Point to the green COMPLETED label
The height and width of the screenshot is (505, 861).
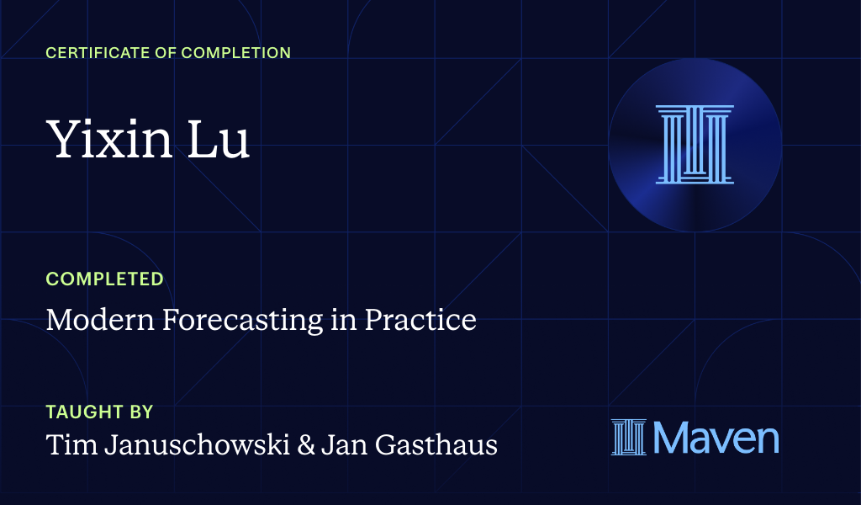(x=104, y=279)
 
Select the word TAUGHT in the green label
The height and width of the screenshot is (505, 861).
(x=81, y=412)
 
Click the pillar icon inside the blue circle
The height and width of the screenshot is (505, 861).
(x=695, y=144)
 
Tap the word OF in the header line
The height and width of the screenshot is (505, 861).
(x=158, y=53)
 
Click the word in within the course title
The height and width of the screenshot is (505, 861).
(x=342, y=320)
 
